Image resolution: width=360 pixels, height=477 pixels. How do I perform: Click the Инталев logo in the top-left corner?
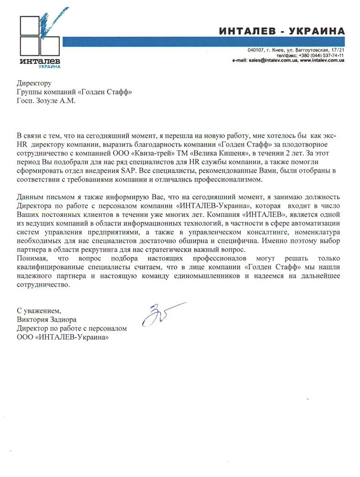click(41, 38)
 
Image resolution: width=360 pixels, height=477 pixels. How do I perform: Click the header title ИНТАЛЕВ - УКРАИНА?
click(282, 31)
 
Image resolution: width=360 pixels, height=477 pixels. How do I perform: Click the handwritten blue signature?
click(158, 313)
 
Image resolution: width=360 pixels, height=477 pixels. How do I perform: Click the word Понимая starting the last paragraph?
click(32, 259)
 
